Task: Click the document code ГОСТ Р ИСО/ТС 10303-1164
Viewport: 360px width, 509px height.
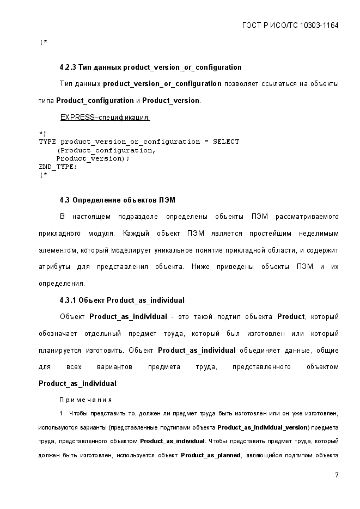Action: (290, 26)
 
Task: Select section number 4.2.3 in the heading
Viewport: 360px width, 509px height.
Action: (68, 68)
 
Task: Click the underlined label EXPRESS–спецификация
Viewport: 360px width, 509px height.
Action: (105, 118)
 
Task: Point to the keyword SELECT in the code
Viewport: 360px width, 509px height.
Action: (226, 142)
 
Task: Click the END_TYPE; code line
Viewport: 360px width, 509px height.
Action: (58, 167)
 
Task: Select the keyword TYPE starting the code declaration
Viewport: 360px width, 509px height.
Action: (47, 142)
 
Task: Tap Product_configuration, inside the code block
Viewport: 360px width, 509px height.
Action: (107, 150)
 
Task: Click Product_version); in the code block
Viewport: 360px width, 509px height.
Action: (93, 158)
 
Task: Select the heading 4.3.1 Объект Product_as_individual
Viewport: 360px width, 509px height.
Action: (122, 300)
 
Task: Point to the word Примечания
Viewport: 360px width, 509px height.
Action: (86, 400)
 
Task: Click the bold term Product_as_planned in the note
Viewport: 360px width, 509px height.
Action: (211, 455)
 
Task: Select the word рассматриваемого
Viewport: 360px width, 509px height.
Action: (307, 217)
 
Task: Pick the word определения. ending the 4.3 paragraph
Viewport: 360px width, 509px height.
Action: (61, 284)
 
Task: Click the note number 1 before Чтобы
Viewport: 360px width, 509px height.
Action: (62, 414)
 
